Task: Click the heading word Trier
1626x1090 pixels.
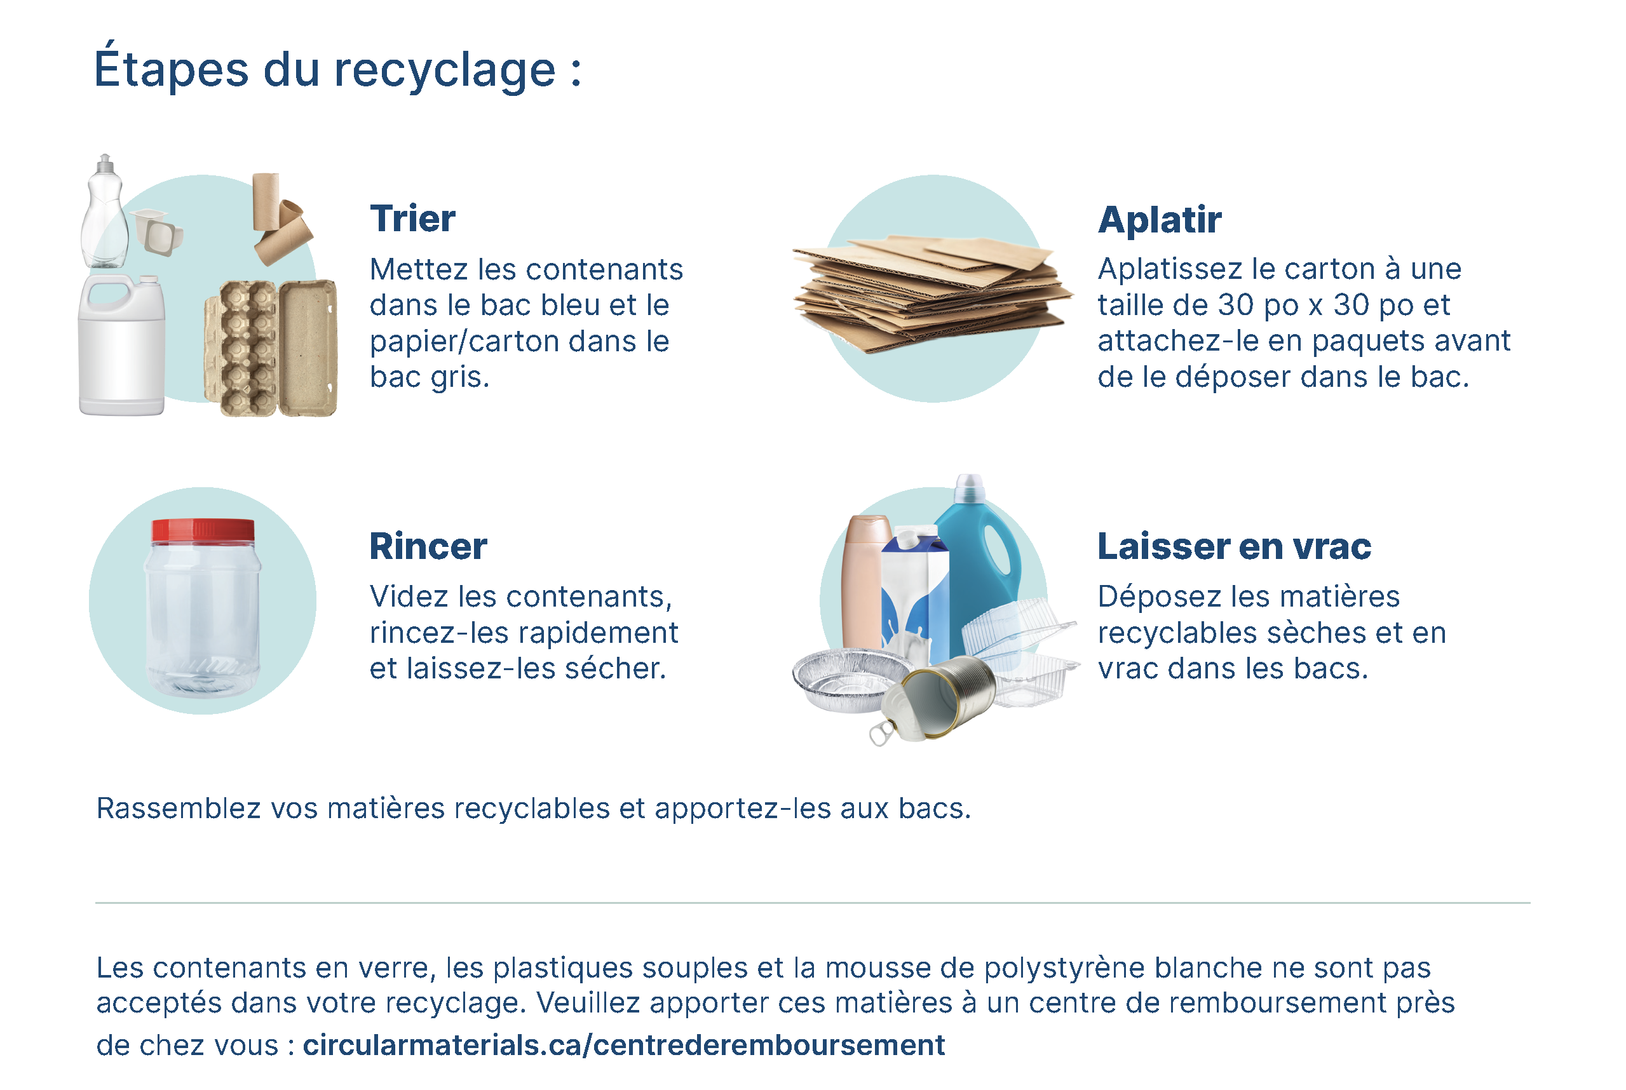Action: click(x=412, y=219)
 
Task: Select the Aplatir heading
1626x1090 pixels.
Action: click(x=1160, y=220)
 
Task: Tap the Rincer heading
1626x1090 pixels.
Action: click(x=428, y=546)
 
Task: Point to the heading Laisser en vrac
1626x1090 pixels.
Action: click(x=1234, y=546)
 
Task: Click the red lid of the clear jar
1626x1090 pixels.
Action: click(x=203, y=530)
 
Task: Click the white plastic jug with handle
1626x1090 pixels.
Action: click(x=121, y=345)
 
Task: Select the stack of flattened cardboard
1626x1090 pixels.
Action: click(x=932, y=292)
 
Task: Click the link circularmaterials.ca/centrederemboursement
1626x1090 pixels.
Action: click(x=623, y=1045)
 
